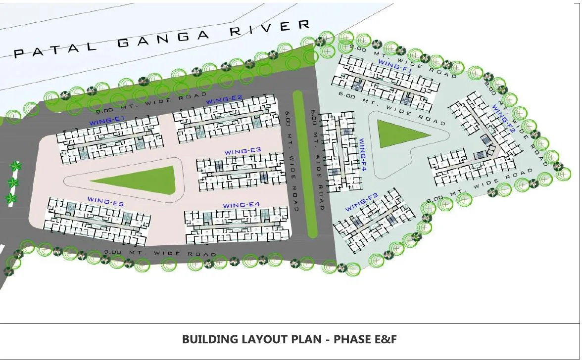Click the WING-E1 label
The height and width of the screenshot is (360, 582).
106,120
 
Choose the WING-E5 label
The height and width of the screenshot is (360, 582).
105,199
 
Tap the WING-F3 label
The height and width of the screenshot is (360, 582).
362,204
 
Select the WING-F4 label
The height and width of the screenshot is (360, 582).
362,155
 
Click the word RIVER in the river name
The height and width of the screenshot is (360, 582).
271,28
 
